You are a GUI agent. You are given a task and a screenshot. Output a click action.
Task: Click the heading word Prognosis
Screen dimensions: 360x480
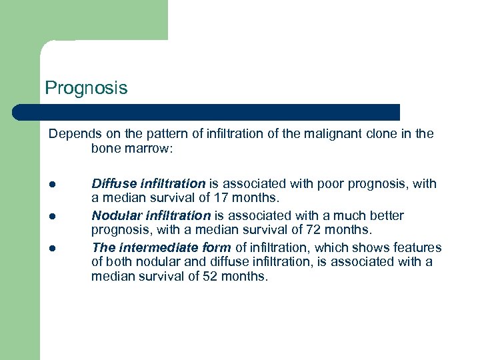85,88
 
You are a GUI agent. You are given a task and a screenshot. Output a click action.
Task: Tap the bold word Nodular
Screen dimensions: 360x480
114,215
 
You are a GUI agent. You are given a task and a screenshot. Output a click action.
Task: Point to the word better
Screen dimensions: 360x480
386,215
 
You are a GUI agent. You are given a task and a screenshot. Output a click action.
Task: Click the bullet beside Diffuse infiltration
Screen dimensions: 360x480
51,184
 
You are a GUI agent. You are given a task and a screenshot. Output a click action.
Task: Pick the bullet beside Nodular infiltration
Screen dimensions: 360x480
51,216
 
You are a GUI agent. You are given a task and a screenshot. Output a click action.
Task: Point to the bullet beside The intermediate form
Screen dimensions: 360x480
51,248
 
